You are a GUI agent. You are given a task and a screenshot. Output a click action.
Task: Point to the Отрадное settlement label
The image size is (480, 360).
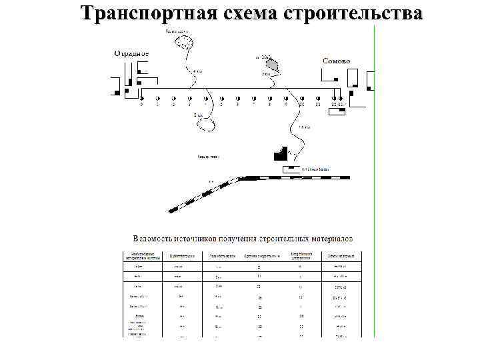(x=131, y=53)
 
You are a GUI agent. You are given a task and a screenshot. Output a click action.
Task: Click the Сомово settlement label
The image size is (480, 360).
(x=337, y=61)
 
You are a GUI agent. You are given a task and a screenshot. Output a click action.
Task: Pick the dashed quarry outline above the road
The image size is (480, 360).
(x=183, y=42)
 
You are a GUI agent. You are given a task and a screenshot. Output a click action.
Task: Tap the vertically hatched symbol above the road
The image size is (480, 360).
(x=271, y=65)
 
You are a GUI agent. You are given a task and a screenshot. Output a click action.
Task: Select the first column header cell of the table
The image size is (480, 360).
(x=143, y=255)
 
